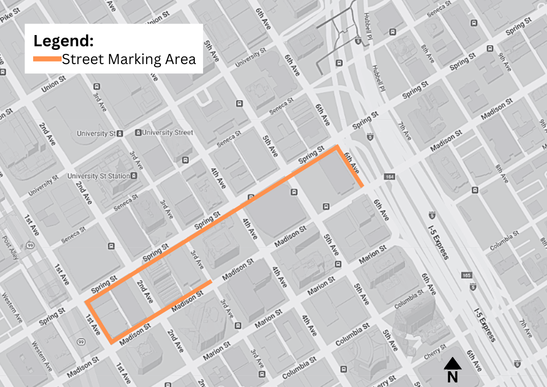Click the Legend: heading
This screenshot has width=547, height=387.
63,41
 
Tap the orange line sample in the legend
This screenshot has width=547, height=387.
47,59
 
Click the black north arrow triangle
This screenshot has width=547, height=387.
452,364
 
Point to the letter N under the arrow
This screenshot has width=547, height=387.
452,377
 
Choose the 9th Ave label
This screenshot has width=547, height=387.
504,62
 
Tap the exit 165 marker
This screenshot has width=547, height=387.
467,276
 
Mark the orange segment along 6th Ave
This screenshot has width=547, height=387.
350,167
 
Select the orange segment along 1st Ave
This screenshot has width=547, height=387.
99,321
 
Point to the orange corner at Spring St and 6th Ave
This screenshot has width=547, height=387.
336,147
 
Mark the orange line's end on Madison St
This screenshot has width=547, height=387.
211,281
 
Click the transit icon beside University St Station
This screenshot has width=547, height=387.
133,176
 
